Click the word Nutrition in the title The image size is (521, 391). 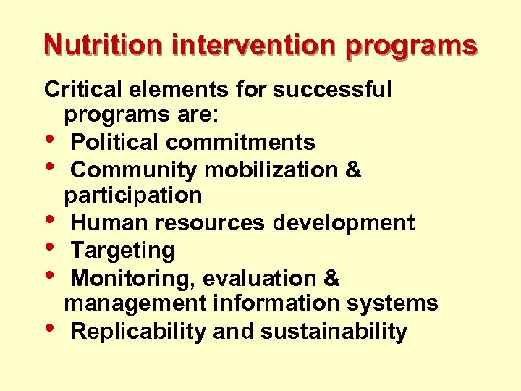click(x=104, y=45)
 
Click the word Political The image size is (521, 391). click(x=116, y=142)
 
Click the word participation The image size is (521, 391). click(x=133, y=195)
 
